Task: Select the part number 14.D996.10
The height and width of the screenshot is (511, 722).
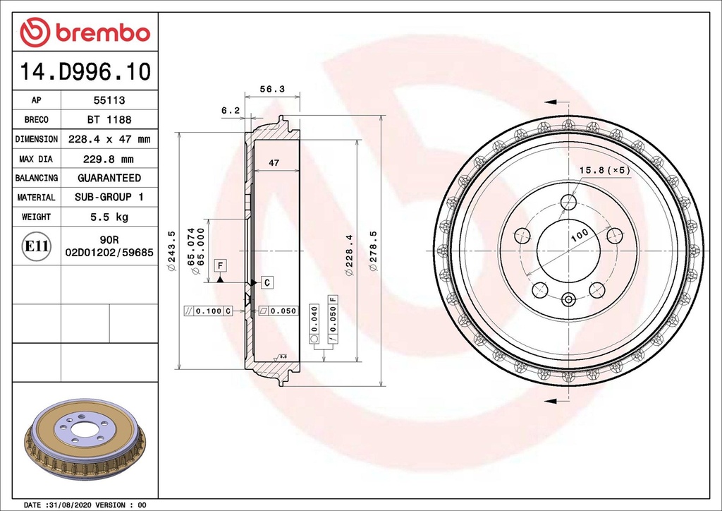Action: coord(85,71)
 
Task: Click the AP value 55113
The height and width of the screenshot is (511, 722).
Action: coord(109,101)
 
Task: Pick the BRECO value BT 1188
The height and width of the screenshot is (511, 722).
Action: coord(109,120)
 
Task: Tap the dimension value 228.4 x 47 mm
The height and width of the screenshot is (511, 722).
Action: coord(109,139)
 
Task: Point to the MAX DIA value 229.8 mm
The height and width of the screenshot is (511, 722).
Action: coord(109,159)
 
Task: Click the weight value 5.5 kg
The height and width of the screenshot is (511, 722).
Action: coord(109,217)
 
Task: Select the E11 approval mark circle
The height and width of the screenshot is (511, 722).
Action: coord(37,246)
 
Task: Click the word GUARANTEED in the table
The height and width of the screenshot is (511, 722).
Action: coord(109,178)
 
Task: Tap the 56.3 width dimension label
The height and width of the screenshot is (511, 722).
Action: coord(271,89)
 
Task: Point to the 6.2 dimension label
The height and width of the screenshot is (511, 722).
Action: coord(231,110)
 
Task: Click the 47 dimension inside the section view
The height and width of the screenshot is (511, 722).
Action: coord(274,163)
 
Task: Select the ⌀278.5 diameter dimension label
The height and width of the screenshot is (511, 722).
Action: coord(373,251)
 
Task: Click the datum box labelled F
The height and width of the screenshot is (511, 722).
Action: coord(220,265)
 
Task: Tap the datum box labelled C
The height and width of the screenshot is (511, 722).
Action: coord(267,282)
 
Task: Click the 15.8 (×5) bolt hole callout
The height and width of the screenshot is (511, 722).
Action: coord(604,170)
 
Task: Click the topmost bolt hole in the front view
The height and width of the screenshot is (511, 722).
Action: coord(568,203)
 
